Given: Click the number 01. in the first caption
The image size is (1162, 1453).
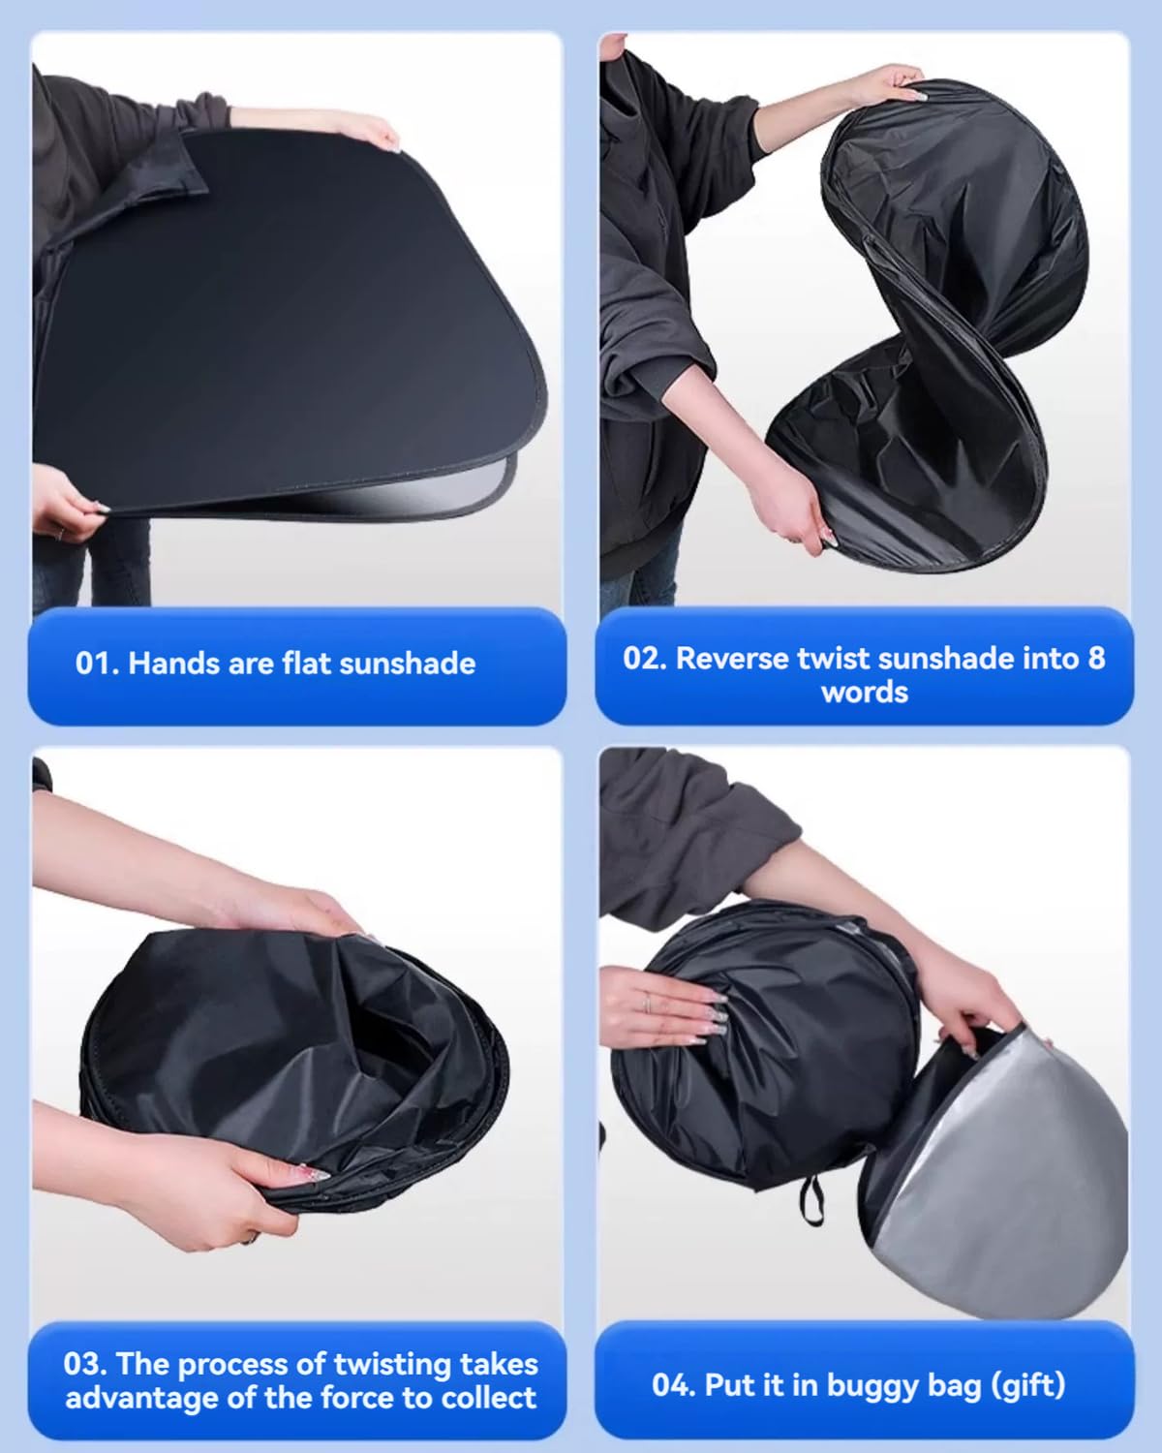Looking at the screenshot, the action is pos(97,664).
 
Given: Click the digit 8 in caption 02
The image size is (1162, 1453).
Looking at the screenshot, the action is pos(1096,659).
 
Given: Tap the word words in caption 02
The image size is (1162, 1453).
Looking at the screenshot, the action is pos(865,693).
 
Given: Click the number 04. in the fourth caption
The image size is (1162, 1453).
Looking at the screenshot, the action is pos(674,1385).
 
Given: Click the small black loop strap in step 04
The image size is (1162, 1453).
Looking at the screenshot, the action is pos(812,1200).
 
